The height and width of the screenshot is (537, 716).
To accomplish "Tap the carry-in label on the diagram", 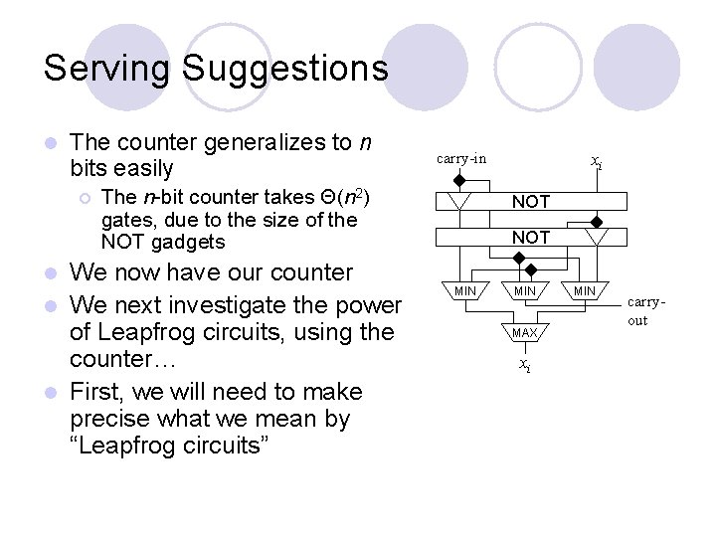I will click(x=461, y=158).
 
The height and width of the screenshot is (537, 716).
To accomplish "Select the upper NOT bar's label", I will click(x=530, y=202).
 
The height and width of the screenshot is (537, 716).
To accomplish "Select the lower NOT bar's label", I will click(x=530, y=238).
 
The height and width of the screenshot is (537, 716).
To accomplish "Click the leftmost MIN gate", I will click(x=465, y=290).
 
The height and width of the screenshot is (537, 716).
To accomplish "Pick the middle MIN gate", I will click(x=524, y=290).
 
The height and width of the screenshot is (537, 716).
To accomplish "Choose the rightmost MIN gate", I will click(x=584, y=290).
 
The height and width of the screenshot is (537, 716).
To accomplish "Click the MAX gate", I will click(x=525, y=331).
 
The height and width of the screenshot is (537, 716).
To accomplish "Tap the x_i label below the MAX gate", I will click(x=525, y=365).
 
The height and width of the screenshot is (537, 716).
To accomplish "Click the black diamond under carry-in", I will click(x=458, y=180).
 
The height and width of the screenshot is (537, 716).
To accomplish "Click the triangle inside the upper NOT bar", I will click(x=458, y=202).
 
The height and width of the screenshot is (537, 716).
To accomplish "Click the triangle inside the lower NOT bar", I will click(x=596, y=237).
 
